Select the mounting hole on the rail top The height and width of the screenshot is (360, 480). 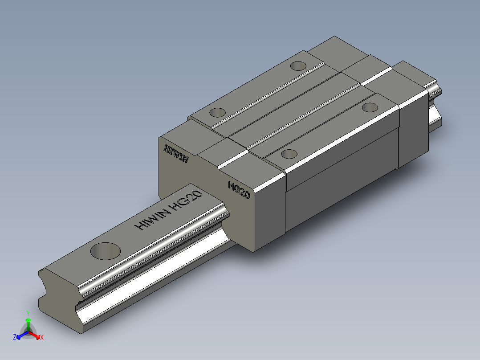(106, 251)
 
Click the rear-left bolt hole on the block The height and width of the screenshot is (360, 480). (298, 66)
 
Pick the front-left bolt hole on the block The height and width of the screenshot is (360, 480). (218, 112)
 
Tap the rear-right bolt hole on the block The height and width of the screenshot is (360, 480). (370, 107)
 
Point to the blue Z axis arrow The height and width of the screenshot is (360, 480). (20, 335)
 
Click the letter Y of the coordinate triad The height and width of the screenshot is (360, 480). (28, 313)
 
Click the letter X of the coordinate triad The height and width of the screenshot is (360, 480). (42, 338)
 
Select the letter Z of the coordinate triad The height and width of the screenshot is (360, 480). (15, 338)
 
